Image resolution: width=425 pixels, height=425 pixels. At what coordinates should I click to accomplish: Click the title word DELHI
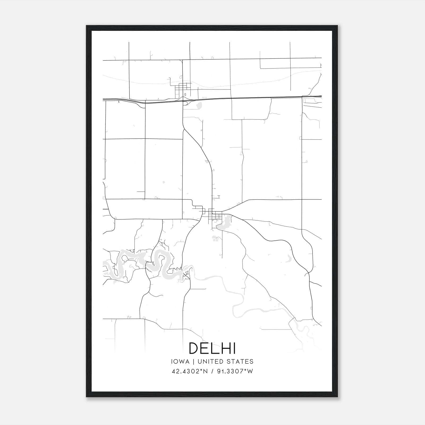[212, 348]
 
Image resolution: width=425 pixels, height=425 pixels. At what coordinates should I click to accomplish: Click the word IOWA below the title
[180, 362]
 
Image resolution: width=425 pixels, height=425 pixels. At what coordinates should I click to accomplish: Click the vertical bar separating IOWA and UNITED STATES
[193, 362]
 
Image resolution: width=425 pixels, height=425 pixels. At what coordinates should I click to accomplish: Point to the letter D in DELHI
[193, 348]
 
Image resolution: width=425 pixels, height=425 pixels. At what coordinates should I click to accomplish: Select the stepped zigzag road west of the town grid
[197, 207]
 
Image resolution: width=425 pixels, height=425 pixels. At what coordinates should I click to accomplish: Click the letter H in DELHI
[225, 348]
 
